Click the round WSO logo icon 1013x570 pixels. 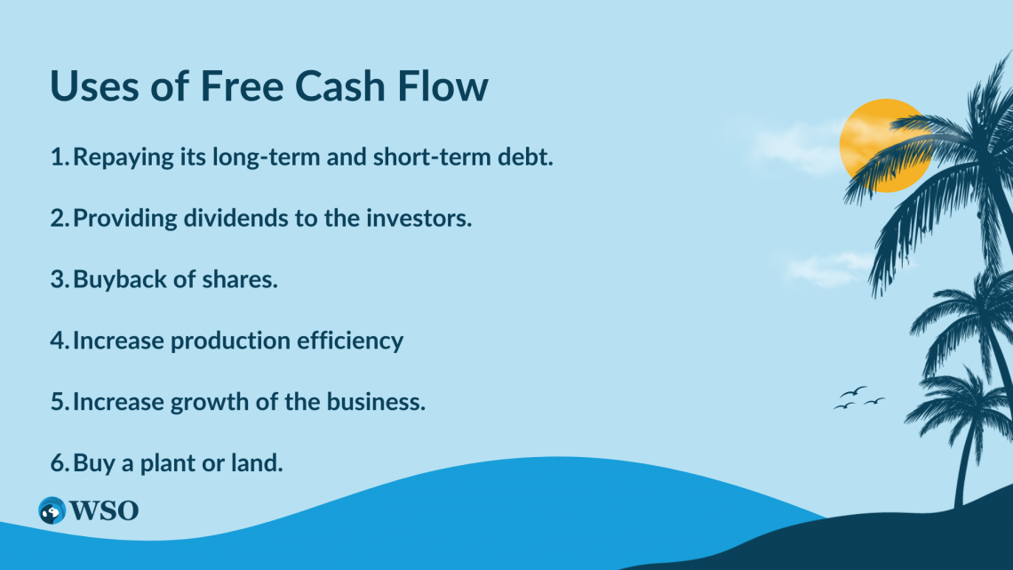[x=52, y=510]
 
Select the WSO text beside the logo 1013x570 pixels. [x=104, y=510]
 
